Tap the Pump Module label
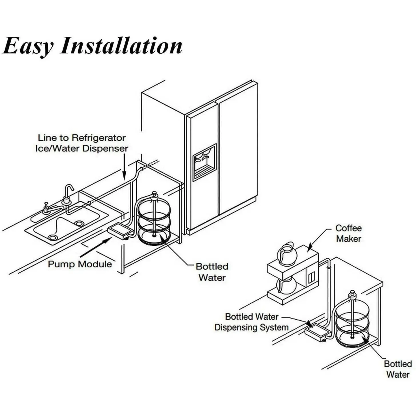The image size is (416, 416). coord(80,264)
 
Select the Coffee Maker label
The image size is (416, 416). coord(348,233)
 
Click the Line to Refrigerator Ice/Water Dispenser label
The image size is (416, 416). coord(82,143)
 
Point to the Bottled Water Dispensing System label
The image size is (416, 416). coord(251,322)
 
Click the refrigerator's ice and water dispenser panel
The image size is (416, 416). coord(204,163)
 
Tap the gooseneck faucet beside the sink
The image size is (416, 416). coord(69,194)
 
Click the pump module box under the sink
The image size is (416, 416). coord(120,231)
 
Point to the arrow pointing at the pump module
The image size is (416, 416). coord(96,247)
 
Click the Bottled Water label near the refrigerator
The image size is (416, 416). coord(212,272)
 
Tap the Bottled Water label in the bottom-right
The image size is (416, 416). coord(398,369)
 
